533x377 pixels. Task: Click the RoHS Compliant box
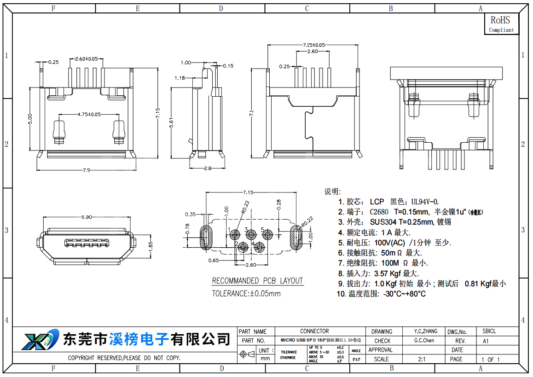(x=501, y=23)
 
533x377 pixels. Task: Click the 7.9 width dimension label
(x=86, y=170)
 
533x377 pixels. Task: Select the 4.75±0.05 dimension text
(x=89, y=114)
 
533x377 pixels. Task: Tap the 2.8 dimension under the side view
(x=208, y=168)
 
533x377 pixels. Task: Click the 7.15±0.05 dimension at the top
(x=313, y=45)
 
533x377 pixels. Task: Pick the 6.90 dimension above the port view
(x=86, y=217)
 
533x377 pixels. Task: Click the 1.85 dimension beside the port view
(x=149, y=245)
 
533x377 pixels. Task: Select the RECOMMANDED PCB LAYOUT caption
(x=257, y=281)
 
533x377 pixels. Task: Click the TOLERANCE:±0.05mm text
(x=246, y=293)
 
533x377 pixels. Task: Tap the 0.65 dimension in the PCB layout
(x=213, y=261)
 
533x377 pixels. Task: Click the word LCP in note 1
(x=377, y=202)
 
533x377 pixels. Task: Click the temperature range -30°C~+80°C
(x=404, y=294)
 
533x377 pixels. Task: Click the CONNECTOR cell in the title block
(x=314, y=331)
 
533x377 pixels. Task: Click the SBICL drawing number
(x=489, y=331)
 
